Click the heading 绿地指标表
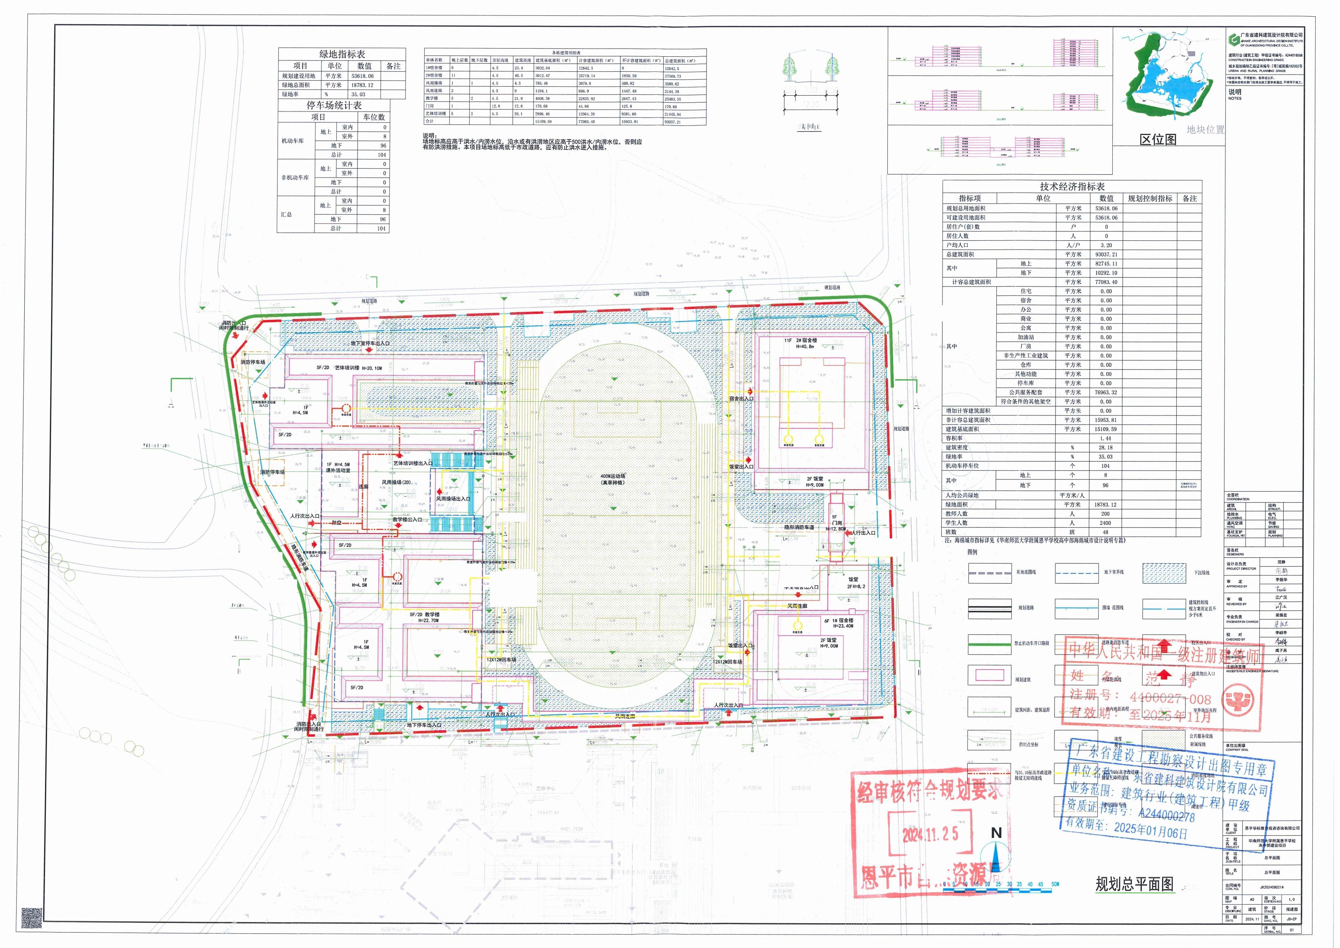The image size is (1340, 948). tap(342, 54)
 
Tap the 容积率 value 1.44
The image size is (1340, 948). tap(1105, 439)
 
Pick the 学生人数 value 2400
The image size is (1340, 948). tap(1105, 523)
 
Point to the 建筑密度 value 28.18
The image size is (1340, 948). tap(1105, 448)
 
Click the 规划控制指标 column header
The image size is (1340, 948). tap(1149, 199)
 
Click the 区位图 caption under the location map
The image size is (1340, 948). tap(1158, 139)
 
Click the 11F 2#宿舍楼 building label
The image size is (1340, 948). tap(800, 340)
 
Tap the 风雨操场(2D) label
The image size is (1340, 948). tap(396, 483)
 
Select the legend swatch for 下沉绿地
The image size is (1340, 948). tap(1164, 573)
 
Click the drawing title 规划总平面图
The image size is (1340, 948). tap(1134, 884)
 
